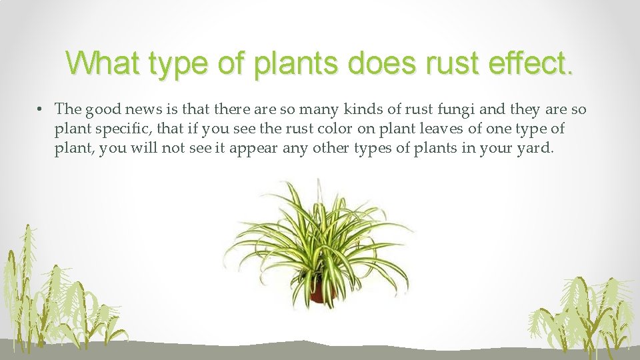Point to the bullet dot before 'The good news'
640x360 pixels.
41,109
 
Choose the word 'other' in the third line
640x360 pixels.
323,149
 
